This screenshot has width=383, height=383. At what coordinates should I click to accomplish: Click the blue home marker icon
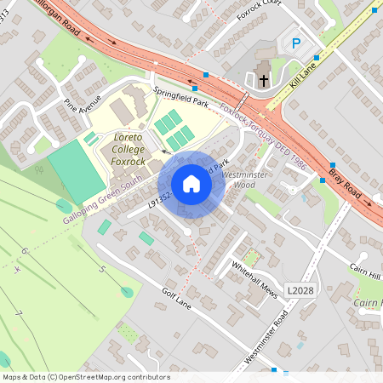pyautogui.click(x=191, y=183)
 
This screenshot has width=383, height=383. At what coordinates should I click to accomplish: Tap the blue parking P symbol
pyautogui.click(x=296, y=43)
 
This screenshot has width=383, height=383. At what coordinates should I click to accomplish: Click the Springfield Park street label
pyautogui.click(x=180, y=95)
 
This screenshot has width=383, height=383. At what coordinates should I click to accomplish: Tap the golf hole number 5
pyautogui.click(x=102, y=270)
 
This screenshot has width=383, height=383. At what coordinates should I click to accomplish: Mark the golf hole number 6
pyautogui.click(x=24, y=251)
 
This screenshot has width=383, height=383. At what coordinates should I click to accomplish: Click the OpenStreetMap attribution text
pyautogui.click(x=85, y=377)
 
